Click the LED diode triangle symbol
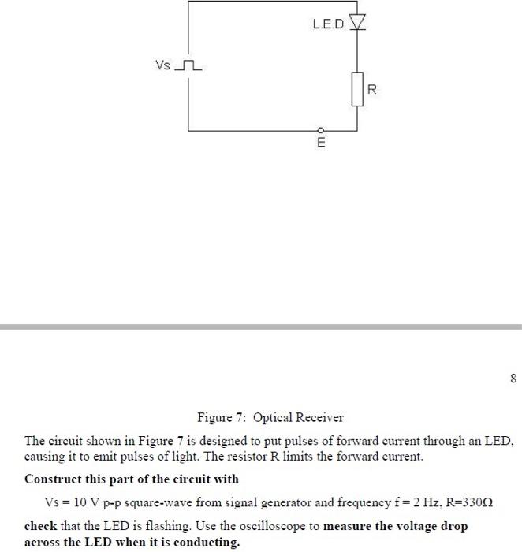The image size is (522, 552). coord(358,23)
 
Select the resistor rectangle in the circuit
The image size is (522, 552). coord(358,89)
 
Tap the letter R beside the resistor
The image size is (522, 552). coord(372,91)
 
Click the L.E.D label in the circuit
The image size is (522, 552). coord(329,24)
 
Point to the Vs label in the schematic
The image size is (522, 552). coord(162,65)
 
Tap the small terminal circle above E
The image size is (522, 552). coord(320,130)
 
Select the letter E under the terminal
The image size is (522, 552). coord(320,144)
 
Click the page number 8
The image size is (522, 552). coord(513,379)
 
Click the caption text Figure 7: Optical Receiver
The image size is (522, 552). coord(270,417)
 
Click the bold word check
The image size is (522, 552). coord(40,525)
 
